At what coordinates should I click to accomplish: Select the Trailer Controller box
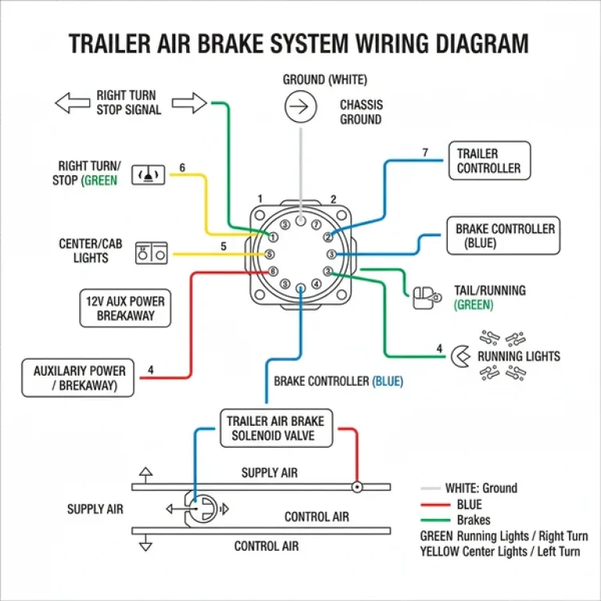point(488,160)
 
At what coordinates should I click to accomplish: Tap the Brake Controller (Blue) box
point(505,236)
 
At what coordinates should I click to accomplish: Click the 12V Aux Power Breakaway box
point(126,308)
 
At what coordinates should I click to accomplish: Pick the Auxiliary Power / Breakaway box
point(78,378)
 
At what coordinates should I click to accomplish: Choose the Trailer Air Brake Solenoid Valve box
point(275,429)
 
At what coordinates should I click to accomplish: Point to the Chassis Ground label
point(360,112)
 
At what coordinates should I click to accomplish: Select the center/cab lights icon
point(152,253)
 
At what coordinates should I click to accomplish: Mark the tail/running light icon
point(425,297)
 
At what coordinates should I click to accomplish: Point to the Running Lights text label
point(519,356)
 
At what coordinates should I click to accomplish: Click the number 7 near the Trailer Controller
point(425,153)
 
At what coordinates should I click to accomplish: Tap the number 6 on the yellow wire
point(182,167)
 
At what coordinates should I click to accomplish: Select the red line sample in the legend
point(432,505)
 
